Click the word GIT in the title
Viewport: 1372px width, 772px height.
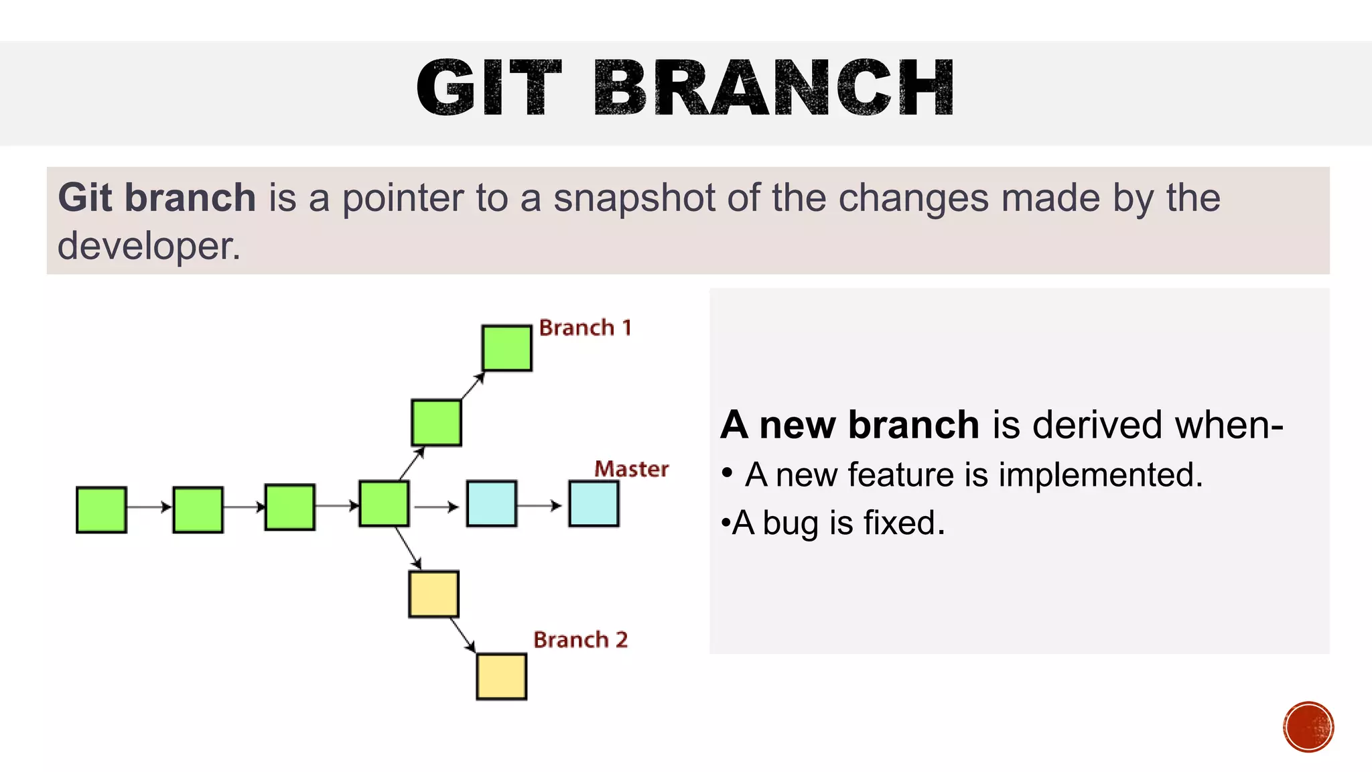tap(488, 88)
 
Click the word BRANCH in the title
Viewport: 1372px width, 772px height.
tap(774, 88)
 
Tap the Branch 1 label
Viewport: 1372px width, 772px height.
tap(585, 328)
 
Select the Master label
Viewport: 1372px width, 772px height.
tap(631, 469)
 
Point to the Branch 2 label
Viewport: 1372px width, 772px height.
tap(580, 640)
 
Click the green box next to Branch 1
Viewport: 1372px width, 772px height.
tap(507, 348)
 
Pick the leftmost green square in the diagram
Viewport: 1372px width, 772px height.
tap(101, 510)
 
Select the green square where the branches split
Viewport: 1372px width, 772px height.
tap(384, 503)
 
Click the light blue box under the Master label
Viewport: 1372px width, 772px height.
tap(594, 503)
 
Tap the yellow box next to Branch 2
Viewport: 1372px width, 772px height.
tap(501, 676)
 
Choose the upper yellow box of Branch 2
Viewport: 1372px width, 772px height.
tap(433, 594)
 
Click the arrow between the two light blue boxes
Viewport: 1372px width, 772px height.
tap(539, 506)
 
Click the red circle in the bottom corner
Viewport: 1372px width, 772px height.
tap(1308, 726)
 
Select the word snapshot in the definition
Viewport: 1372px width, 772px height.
tap(634, 198)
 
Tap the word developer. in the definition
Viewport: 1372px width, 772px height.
tap(149, 246)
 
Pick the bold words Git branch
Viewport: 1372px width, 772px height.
tap(157, 198)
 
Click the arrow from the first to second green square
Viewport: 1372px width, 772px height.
tap(149, 507)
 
